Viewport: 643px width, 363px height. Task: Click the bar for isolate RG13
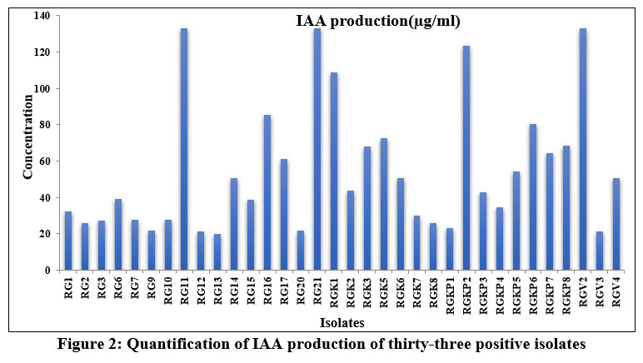click(217, 252)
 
